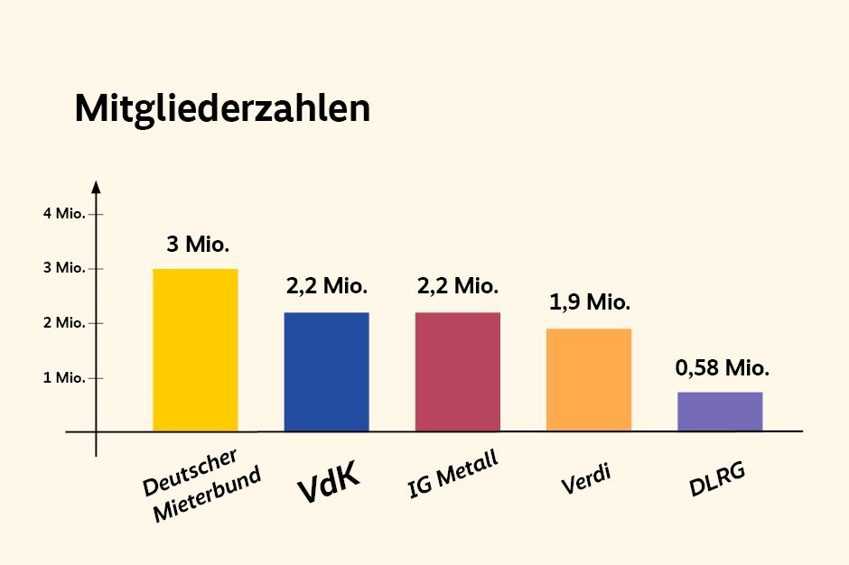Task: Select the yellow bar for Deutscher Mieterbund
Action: (x=195, y=350)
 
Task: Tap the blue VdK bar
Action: (x=326, y=372)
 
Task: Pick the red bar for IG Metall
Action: (x=458, y=372)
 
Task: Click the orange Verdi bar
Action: (x=589, y=380)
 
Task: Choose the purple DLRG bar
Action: (x=720, y=412)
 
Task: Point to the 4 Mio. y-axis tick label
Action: (x=63, y=214)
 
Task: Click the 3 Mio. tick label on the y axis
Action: (x=63, y=268)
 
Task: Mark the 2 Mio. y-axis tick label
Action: (x=63, y=323)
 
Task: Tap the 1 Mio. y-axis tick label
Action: (x=63, y=377)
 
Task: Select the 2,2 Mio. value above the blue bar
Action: (x=327, y=287)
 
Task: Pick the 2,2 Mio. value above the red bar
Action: (x=458, y=287)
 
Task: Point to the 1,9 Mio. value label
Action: (x=589, y=302)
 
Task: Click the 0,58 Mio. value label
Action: (x=723, y=368)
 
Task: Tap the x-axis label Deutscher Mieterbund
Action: (x=201, y=485)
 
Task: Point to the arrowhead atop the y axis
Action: (x=96, y=187)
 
